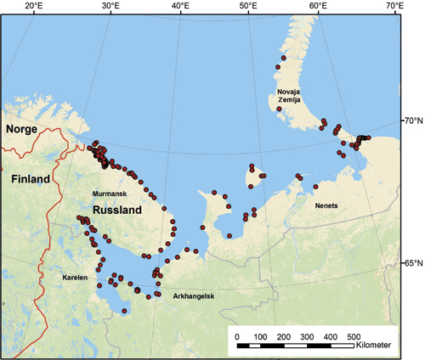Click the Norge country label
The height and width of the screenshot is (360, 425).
pos(23,130)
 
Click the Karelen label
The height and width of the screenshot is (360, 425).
pos(76,278)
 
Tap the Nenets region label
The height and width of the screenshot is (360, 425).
pos(327,205)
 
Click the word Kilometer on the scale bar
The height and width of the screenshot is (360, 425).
pos(374,346)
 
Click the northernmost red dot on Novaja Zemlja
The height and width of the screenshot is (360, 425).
pos(283,58)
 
